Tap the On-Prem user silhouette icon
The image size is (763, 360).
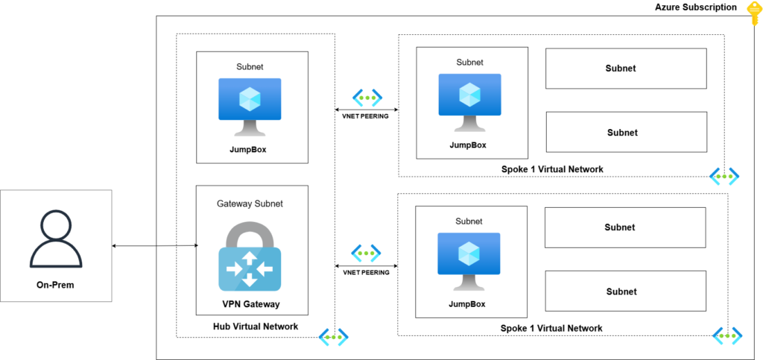[56, 240]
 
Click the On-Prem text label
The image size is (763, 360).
[56, 285]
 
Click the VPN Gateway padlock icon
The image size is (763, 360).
[250, 256]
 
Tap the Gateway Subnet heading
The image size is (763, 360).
[250, 203]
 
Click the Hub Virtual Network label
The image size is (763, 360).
[256, 326]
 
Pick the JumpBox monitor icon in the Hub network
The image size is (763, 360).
[250, 107]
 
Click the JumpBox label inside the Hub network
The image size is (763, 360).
[248, 149]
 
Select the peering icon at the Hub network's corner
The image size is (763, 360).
[334, 335]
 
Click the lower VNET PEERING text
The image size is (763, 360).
[367, 273]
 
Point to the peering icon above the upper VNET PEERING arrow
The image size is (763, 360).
[367, 98]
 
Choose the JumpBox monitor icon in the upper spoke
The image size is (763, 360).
[469, 102]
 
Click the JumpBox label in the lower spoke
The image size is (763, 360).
[467, 305]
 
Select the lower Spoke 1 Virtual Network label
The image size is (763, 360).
[551, 329]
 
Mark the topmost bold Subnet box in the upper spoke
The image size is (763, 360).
[626, 68]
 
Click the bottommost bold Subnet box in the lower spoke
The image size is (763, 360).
[625, 291]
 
